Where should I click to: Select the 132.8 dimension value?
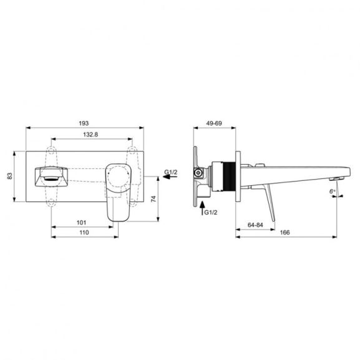coord(91,135)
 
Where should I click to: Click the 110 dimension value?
coord(84,232)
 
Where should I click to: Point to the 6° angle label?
coord(332,192)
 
